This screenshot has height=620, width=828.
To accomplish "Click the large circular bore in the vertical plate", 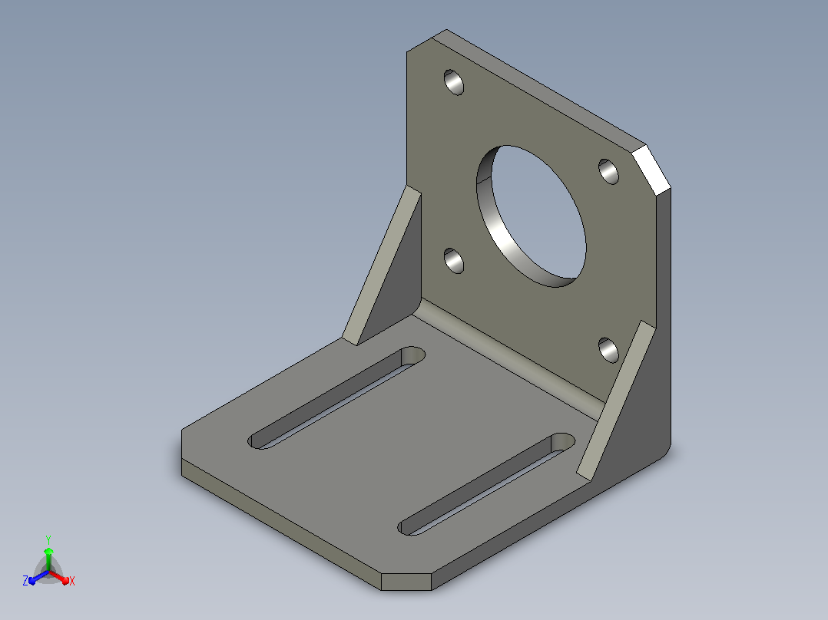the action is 532,216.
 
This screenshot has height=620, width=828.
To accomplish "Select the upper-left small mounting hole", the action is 454,82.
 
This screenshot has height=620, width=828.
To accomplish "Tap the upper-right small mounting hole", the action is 609,171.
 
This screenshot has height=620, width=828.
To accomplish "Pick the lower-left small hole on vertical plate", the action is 454,261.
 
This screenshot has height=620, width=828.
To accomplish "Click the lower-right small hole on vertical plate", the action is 609,350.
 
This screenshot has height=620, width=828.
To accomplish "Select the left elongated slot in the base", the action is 336,397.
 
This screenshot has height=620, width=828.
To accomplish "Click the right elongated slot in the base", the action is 486,484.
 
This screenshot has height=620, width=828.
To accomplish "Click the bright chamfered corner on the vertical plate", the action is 651,170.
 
